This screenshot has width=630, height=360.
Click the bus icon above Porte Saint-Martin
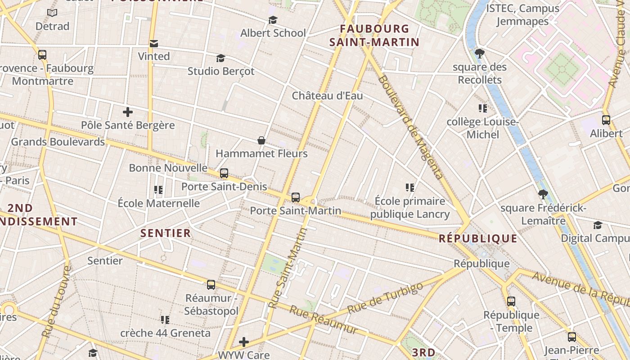pyautogui.click(x=296, y=197)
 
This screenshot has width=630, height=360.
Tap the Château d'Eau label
pyautogui.click(x=327, y=95)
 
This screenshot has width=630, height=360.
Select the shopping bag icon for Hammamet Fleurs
pyautogui.click(x=261, y=140)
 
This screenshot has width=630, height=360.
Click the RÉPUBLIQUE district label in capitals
pyautogui.click(x=478, y=238)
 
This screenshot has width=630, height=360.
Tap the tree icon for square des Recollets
pyautogui.click(x=480, y=54)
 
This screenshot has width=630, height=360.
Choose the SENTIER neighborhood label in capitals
pyautogui.click(x=166, y=233)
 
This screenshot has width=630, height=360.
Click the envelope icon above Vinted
pyautogui.click(x=154, y=43)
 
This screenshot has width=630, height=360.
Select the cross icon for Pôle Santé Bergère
pyautogui.click(x=128, y=112)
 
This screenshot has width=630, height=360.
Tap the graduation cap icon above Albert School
pyautogui.click(x=273, y=20)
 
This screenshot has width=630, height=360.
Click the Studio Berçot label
pyautogui.click(x=221, y=71)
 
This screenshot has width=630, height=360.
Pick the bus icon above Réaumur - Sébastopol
pyautogui.click(x=211, y=284)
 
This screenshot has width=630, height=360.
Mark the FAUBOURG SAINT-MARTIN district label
pyautogui.click(x=374, y=36)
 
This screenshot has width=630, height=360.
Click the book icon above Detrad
pyautogui.click(x=52, y=13)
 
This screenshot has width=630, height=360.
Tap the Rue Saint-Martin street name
pyautogui.click(x=288, y=268)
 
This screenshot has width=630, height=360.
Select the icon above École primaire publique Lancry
pyautogui.click(x=409, y=187)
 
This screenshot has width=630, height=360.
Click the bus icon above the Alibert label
pyautogui.click(x=606, y=120)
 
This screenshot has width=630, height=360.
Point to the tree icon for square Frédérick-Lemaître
pyautogui.click(x=543, y=194)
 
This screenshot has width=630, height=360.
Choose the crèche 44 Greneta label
pyautogui.click(x=165, y=333)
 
